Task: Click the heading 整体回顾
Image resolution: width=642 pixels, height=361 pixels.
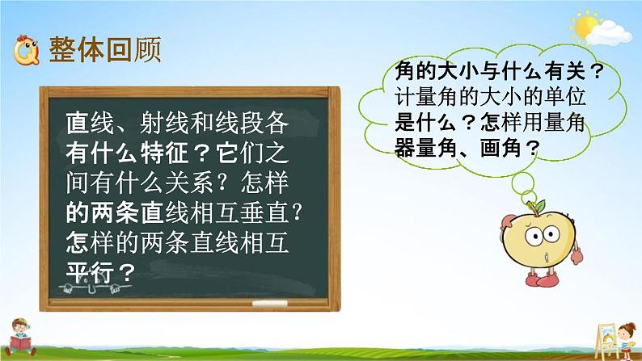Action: pyautogui.click(x=105, y=50)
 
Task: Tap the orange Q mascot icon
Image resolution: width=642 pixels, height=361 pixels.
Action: pyautogui.click(x=26, y=50)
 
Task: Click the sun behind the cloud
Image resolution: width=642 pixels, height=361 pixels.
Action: pyautogui.click(x=585, y=26)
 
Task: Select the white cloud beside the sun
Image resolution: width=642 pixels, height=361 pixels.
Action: pyautogui.click(x=609, y=33)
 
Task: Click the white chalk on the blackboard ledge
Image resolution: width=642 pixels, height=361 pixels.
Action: pyautogui.click(x=269, y=304)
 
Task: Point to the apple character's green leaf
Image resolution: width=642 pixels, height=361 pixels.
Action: pyautogui.click(x=540, y=206)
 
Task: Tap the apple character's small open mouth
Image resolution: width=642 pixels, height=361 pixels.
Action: pyautogui.click(x=546, y=258)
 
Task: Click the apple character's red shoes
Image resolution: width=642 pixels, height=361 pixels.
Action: pyautogui.click(x=542, y=280)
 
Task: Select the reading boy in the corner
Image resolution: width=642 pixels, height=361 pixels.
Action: pyautogui.click(x=20, y=337)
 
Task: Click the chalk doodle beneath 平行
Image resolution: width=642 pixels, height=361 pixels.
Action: pyautogui.click(x=92, y=288)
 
